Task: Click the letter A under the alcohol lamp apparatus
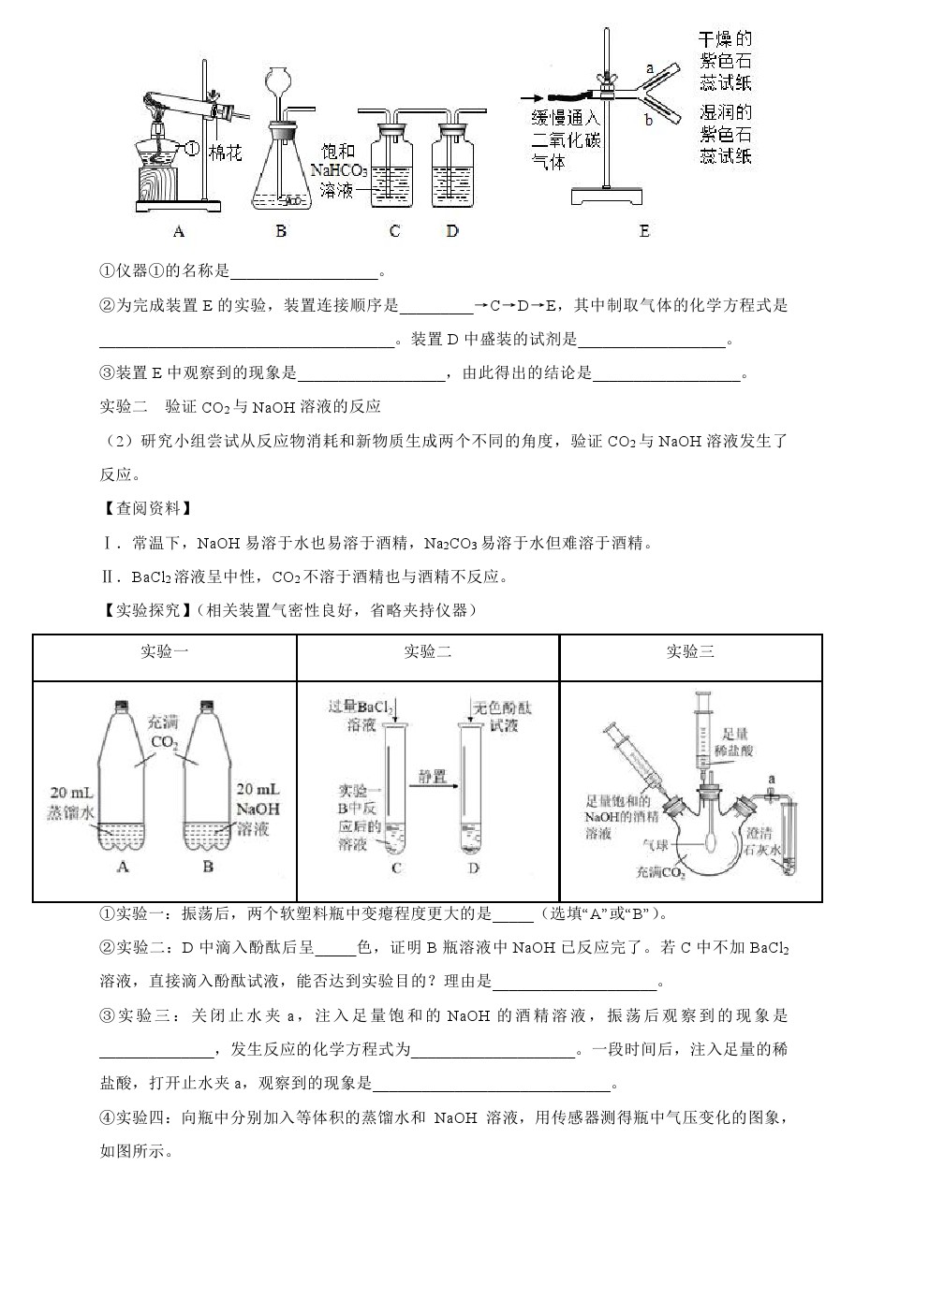click(x=179, y=230)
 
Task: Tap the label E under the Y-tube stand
click(x=643, y=230)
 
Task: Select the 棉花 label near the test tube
click(x=225, y=152)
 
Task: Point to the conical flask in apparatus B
click(x=280, y=168)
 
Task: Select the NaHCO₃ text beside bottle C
click(x=338, y=170)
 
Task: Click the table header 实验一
click(x=164, y=651)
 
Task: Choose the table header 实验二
click(x=427, y=651)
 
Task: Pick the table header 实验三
click(x=690, y=651)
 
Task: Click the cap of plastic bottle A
click(x=120, y=705)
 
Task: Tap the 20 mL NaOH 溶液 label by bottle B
click(x=259, y=809)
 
